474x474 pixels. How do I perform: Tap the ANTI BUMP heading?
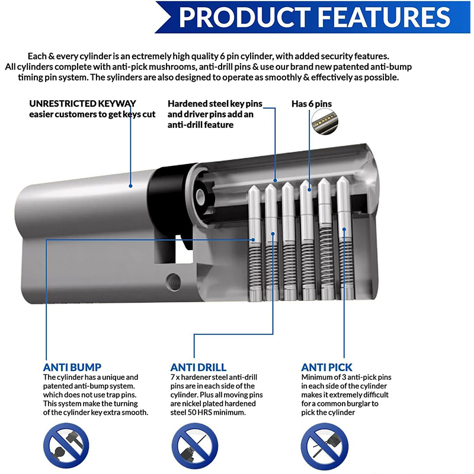click(72, 367)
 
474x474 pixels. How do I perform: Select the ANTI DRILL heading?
click(198, 367)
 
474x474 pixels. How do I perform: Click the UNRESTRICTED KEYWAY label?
click(82, 104)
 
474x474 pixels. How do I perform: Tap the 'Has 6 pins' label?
click(312, 104)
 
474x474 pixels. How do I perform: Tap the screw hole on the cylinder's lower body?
click(174, 279)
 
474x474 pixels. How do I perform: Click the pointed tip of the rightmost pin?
click(342, 181)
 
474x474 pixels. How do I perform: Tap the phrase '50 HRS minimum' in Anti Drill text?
click(214, 412)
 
